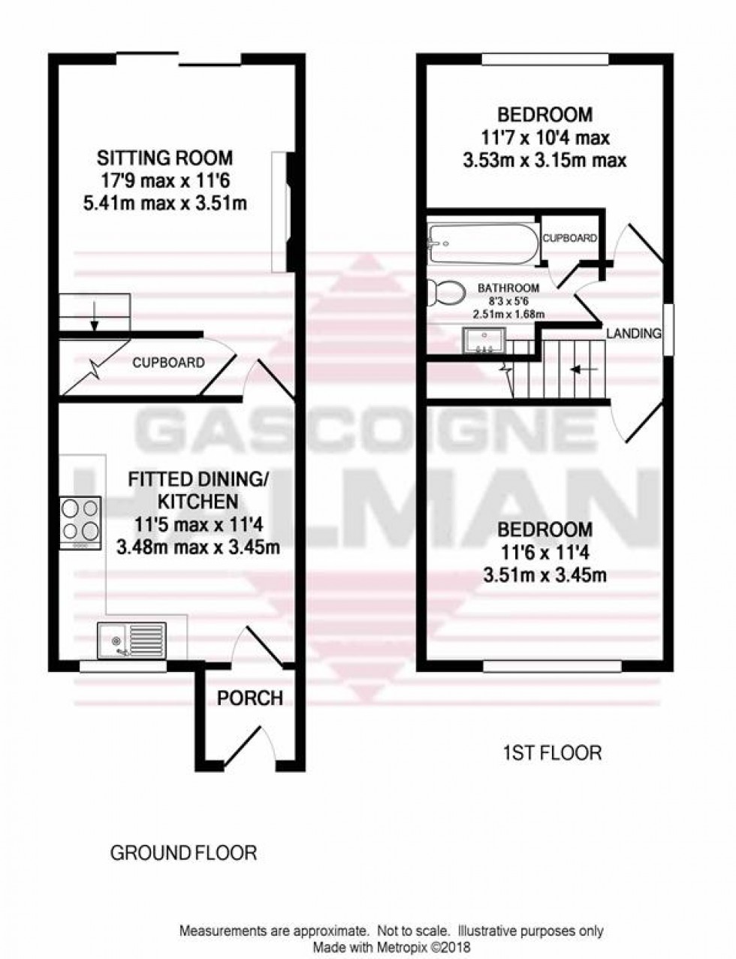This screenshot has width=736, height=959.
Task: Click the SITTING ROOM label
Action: click(x=164, y=158)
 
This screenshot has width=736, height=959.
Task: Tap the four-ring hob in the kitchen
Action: click(x=80, y=519)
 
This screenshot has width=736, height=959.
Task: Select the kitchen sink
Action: click(x=131, y=639)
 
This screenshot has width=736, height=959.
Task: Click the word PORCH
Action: click(x=249, y=698)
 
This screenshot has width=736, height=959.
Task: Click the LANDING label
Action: click(x=634, y=333)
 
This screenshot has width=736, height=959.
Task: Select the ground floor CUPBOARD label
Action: click(x=168, y=363)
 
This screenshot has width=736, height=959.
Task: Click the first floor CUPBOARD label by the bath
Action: click(x=569, y=238)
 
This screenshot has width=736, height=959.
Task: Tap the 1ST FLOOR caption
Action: click(x=551, y=752)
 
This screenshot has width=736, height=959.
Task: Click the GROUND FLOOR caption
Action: click(x=183, y=853)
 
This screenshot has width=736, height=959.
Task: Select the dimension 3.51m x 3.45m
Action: click(x=545, y=576)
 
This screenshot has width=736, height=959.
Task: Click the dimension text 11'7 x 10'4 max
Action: click(x=545, y=138)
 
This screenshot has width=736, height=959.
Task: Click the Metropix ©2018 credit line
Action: click(x=391, y=948)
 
